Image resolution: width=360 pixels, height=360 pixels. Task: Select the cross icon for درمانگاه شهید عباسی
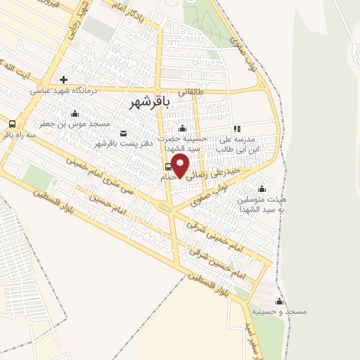coord(63,79)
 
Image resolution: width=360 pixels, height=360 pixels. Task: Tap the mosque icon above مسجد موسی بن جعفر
coord(75,113)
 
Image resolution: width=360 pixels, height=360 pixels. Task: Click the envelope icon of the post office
coord(124,133)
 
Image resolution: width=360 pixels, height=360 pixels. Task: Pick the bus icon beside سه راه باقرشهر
coord(12,124)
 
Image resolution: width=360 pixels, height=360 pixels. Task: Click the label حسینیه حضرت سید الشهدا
coord(183,144)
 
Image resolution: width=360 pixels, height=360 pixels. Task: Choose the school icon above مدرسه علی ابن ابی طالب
coord(237,129)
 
